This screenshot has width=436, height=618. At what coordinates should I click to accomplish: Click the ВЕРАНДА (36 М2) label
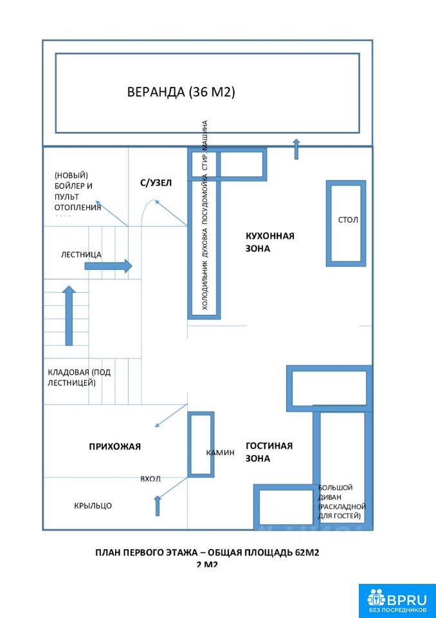[x=181, y=92]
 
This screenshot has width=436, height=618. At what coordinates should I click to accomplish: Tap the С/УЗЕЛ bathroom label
[x=156, y=183]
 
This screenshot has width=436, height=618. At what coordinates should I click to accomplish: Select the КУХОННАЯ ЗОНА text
[x=269, y=242]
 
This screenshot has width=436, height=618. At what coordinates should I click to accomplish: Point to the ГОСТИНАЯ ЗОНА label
[x=269, y=452]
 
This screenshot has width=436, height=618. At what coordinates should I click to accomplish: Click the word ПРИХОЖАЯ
[x=114, y=446]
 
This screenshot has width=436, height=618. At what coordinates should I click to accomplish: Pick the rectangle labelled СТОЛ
[x=346, y=223]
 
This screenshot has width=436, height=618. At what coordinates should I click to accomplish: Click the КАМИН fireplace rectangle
[x=201, y=445]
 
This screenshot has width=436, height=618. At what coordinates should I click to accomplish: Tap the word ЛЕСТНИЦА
[x=81, y=254]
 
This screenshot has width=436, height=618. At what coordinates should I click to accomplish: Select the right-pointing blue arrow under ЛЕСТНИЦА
[x=108, y=266]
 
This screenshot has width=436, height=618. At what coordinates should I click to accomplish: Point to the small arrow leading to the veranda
[x=296, y=149]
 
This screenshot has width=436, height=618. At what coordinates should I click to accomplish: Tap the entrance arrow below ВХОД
[x=158, y=505]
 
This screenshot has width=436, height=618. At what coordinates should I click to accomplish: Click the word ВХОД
[x=150, y=479]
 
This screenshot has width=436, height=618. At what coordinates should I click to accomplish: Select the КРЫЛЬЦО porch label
[x=93, y=505]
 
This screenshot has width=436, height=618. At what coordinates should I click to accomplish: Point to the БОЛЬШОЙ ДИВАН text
[x=341, y=502]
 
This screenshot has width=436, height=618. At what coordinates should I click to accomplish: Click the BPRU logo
[x=397, y=600]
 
